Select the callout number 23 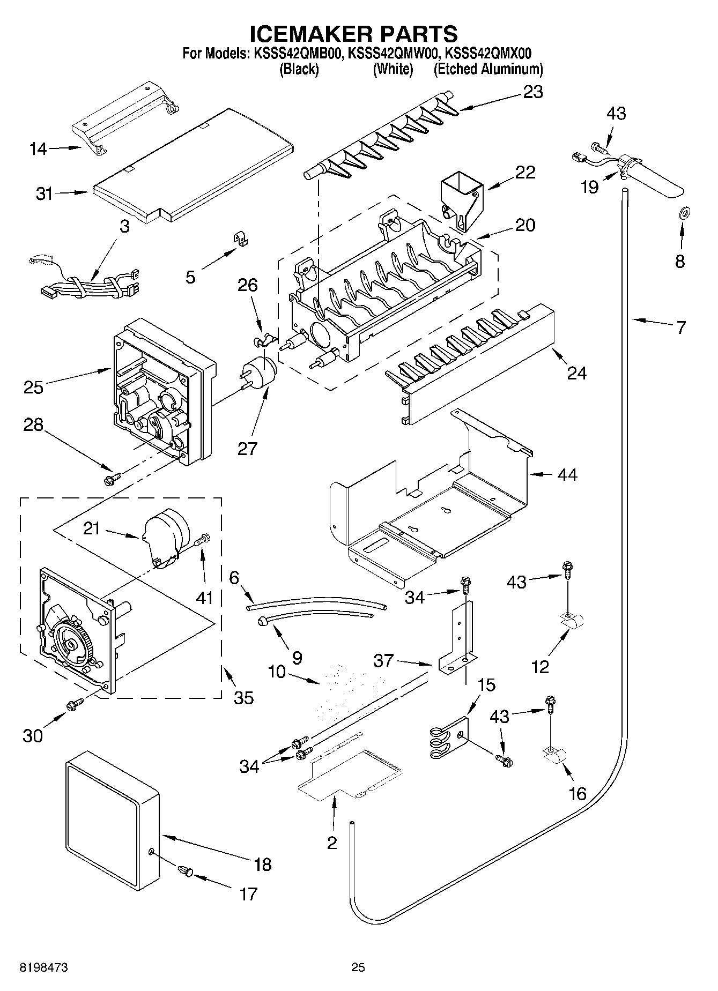(x=532, y=92)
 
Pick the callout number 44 (x=567, y=475)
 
